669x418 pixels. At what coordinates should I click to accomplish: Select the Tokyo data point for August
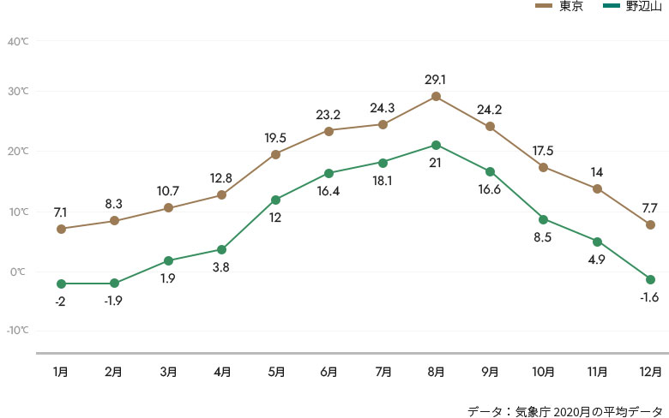[437, 97]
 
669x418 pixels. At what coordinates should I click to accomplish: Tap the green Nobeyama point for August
[437, 146]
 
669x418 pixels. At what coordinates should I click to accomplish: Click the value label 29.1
[436, 80]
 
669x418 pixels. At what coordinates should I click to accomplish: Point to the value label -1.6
[651, 296]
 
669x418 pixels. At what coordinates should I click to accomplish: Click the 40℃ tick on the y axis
[17, 41]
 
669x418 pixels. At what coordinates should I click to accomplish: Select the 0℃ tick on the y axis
[17, 272]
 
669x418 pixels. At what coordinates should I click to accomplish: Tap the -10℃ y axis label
[17, 330]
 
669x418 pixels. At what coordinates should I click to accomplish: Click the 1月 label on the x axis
[61, 372]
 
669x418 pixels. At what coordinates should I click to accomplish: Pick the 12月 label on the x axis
[651, 372]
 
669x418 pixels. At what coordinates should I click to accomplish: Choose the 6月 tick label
[329, 372]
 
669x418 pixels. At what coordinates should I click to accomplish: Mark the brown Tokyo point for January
[61, 229]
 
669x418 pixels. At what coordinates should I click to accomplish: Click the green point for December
[651, 280]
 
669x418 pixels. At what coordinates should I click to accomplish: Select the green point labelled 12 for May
[275, 200]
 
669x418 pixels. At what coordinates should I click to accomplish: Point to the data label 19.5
[275, 137]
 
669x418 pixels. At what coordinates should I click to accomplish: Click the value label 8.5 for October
[544, 236]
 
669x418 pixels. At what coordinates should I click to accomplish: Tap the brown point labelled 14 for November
[597, 188]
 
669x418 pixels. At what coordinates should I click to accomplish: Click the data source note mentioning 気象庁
[565, 409]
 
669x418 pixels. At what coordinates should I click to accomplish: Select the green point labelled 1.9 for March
[168, 260]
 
